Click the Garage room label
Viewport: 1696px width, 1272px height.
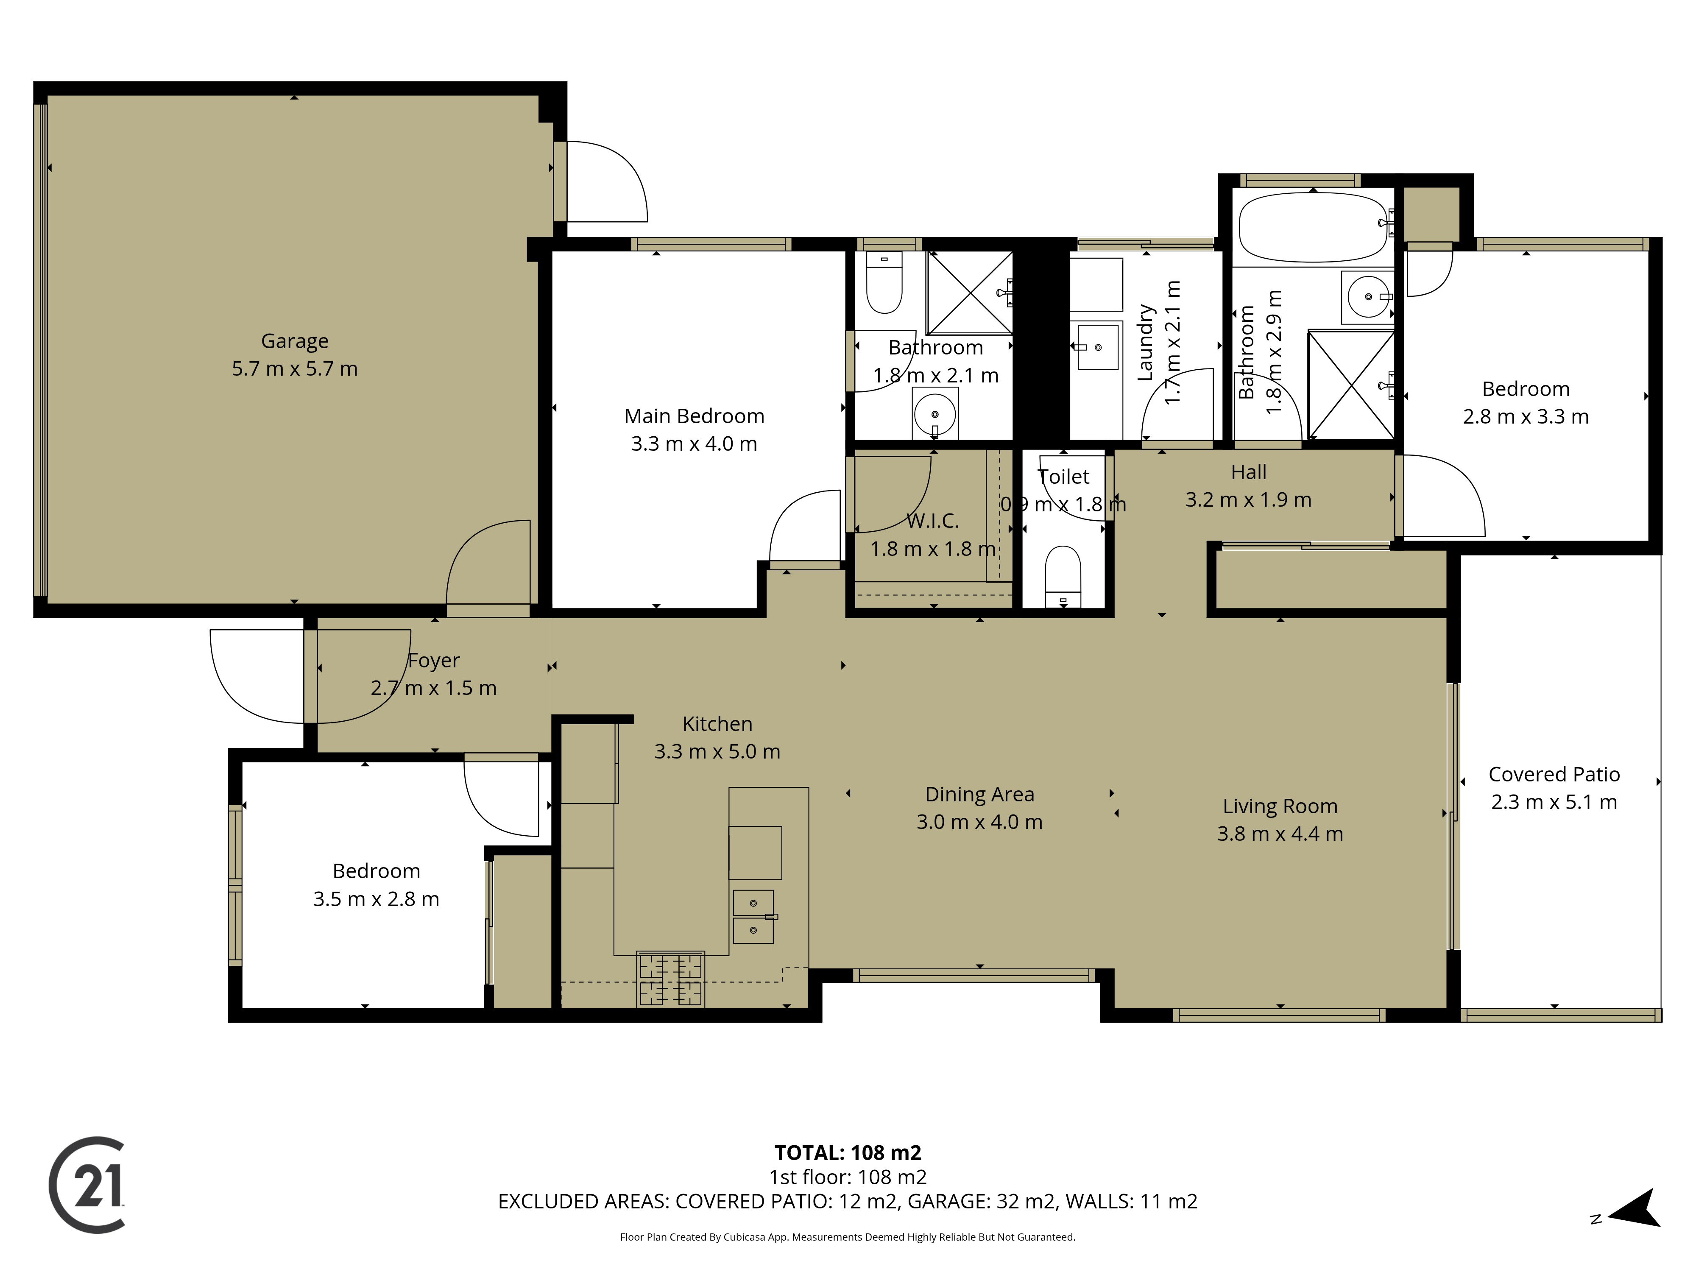294,341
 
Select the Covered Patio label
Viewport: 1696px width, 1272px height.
1554,774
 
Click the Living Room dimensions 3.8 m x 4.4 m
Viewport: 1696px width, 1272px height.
1280,834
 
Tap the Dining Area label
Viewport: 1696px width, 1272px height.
979,794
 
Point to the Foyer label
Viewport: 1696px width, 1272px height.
434,660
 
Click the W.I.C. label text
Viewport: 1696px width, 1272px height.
932,522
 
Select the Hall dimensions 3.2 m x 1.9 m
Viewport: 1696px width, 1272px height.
1248,500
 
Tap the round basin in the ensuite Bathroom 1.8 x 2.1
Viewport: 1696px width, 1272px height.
934,414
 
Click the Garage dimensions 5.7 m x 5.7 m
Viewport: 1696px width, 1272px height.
294,369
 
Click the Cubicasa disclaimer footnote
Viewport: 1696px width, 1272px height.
847,1237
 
